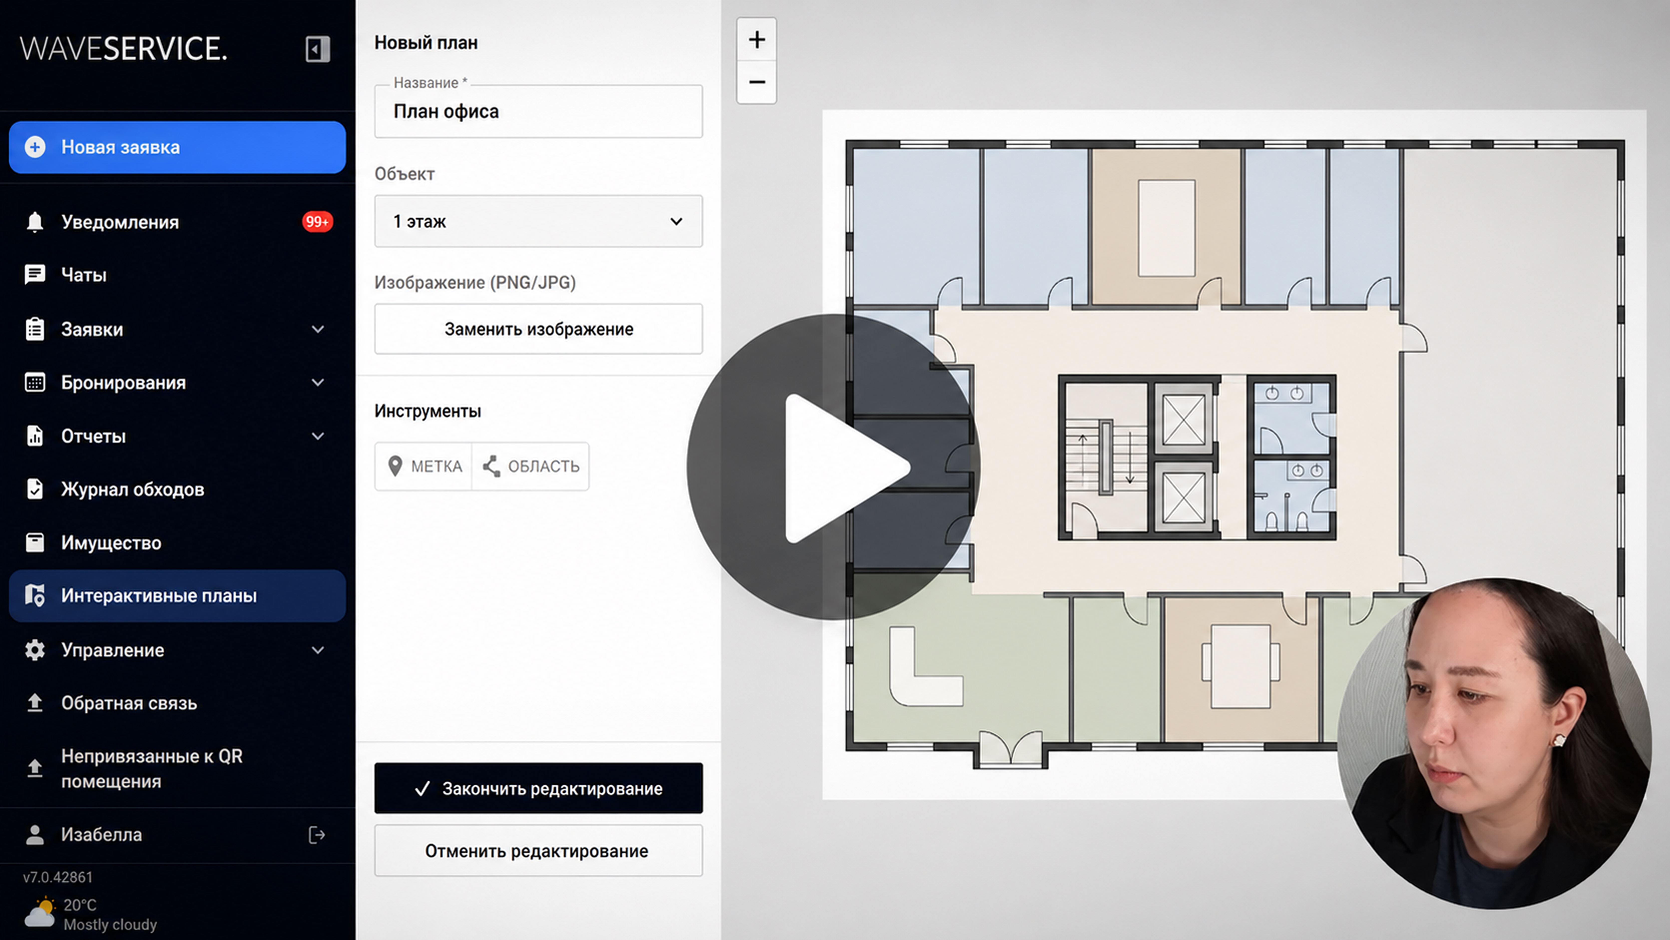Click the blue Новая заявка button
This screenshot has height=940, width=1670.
click(x=177, y=147)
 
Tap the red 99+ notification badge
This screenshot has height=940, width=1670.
click(x=317, y=222)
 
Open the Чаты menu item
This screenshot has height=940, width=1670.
click(x=84, y=275)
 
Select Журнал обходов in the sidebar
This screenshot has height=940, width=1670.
click(x=132, y=489)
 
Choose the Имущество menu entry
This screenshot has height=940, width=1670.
click(x=111, y=543)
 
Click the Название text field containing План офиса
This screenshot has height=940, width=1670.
click(x=538, y=111)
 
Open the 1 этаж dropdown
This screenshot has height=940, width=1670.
click(x=538, y=221)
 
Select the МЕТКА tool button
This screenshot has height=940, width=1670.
click(x=423, y=466)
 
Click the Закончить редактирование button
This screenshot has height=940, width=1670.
click(x=538, y=788)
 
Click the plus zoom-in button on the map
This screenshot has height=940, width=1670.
click(x=757, y=39)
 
